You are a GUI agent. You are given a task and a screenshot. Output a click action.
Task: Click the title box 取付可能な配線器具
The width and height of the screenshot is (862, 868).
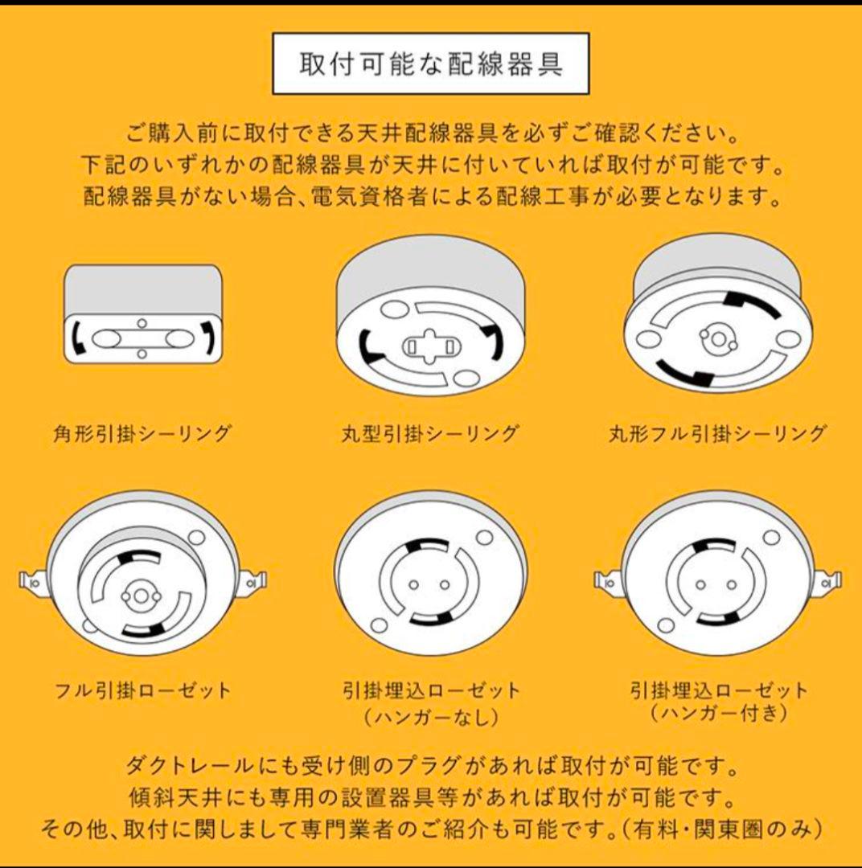tap(431, 64)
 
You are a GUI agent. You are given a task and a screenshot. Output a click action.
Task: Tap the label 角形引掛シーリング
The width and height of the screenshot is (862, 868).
tap(142, 434)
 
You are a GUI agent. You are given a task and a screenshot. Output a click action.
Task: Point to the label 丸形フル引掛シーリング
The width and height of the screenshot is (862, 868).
tap(717, 434)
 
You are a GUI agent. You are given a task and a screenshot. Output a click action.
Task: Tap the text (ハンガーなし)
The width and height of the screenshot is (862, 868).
tap(431, 715)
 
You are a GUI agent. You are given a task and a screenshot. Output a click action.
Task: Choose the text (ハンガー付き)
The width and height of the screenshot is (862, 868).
tap(718, 713)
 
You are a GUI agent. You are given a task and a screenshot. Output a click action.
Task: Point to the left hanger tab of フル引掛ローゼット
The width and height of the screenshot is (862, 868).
tap(31, 578)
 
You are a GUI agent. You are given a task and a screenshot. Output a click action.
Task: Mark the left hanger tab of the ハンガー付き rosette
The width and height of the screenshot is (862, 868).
tap(606, 579)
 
